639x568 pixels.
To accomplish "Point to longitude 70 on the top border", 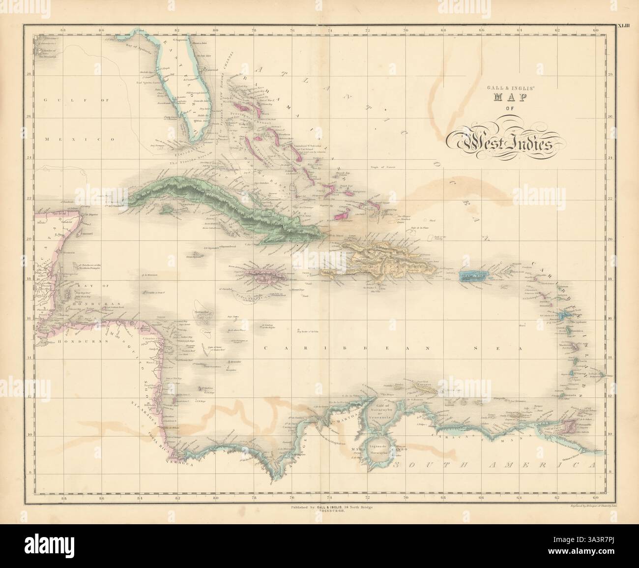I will pyautogui.click(x=406, y=31).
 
